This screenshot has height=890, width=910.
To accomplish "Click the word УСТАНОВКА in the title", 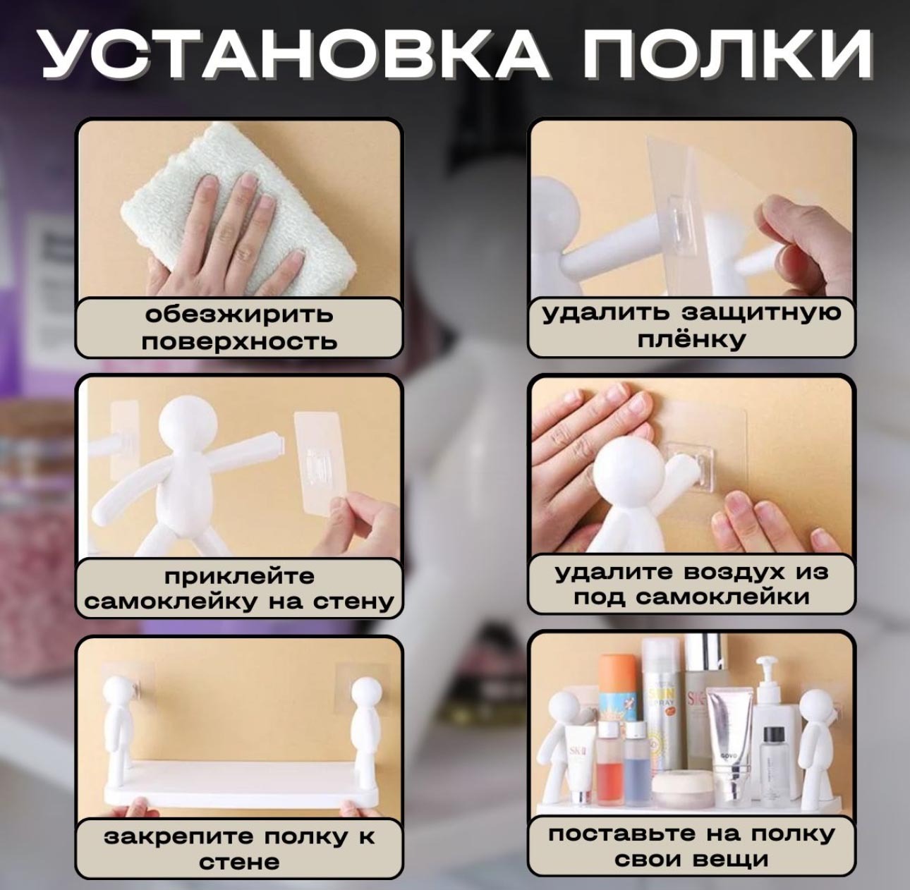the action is (x=295, y=54).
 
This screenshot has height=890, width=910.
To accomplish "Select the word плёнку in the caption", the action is (x=691, y=340).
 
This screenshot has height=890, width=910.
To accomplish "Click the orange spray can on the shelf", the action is (x=617, y=692).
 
